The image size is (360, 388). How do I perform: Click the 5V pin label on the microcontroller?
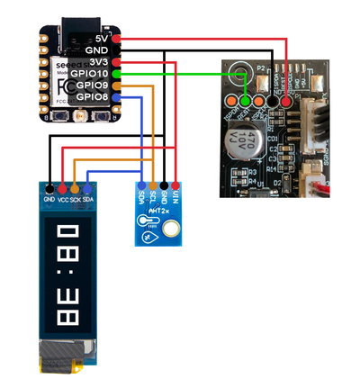click(x=101, y=38)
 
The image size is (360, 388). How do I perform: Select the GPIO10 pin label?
click(x=92, y=73)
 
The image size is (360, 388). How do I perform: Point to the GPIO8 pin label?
click(x=94, y=96)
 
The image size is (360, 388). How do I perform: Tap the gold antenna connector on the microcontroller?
click(x=79, y=116)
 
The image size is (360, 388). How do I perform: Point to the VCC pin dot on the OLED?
click(x=62, y=186)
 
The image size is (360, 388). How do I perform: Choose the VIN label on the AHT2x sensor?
click(x=175, y=197)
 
